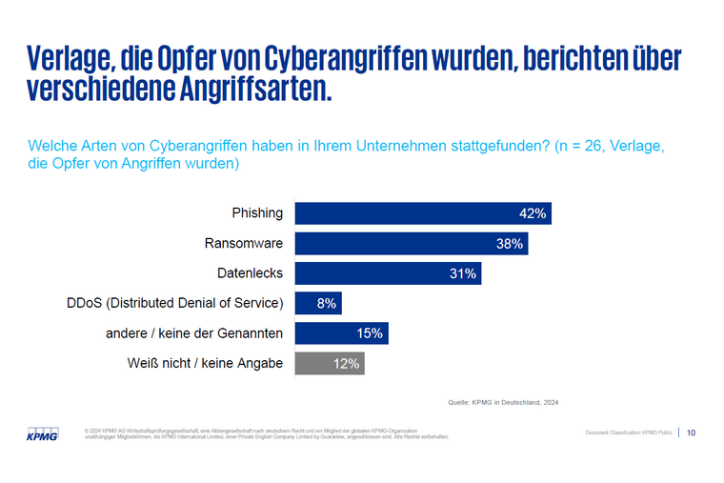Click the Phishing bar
pyautogui.click(x=423, y=213)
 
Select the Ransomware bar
pyautogui.click(x=412, y=244)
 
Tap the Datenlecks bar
pyautogui.click(x=388, y=273)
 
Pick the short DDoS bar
pyautogui.click(x=318, y=303)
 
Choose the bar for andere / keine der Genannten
pyautogui.click(x=341, y=332)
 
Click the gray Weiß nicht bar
pyautogui.click(x=330, y=362)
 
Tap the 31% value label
pyautogui.click(x=463, y=273)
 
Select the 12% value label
pyautogui.click(x=346, y=362)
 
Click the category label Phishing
pyautogui.click(x=257, y=213)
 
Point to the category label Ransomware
pyautogui.click(x=244, y=244)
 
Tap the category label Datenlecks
pyautogui.click(x=251, y=273)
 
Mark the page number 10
pyautogui.click(x=691, y=433)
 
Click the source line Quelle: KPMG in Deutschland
pyautogui.click(x=503, y=402)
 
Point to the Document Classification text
pyautogui.click(x=629, y=433)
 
